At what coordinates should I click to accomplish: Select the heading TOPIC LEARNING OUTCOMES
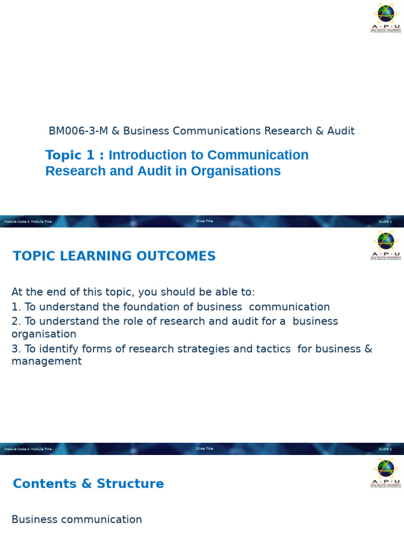pyautogui.click(x=114, y=256)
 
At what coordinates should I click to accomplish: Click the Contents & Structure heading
pyautogui.click(x=88, y=484)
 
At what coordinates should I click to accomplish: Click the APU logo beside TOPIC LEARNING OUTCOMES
pyautogui.click(x=386, y=246)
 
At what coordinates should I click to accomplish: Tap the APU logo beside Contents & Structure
pyautogui.click(x=386, y=473)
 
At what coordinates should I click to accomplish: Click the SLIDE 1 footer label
pyautogui.click(x=385, y=222)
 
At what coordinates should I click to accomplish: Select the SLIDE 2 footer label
pyautogui.click(x=385, y=449)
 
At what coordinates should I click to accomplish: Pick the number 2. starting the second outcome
pyautogui.click(x=16, y=321)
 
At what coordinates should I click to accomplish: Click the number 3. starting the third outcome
pyautogui.click(x=16, y=349)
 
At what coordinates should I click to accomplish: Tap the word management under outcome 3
pyautogui.click(x=46, y=361)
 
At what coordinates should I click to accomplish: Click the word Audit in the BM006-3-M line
pyautogui.click(x=341, y=131)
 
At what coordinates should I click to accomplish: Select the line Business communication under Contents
pyautogui.click(x=77, y=520)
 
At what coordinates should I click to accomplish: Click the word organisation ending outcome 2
pyautogui.click(x=44, y=334)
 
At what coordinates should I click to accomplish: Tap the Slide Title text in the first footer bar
pyautogui.click(x=205, y=221)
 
